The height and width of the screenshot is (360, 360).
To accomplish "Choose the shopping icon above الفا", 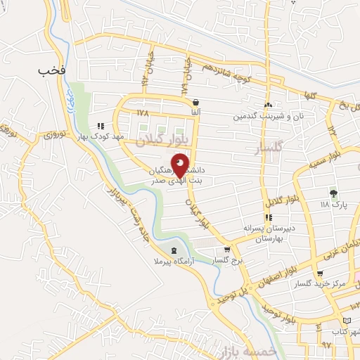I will point(195,102).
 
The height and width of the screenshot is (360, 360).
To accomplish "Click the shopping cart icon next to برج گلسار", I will point(226,250).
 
